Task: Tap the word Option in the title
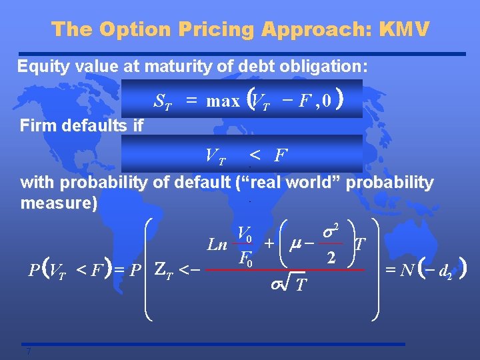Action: pos(138,29)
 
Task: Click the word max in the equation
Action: pos(223,101)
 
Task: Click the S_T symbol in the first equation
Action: pos(163,101)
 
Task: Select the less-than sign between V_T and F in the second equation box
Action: pos(254,156)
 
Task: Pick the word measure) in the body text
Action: pos(59,202)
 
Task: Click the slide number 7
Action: pos(29,352)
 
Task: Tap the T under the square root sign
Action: pos(301,285)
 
